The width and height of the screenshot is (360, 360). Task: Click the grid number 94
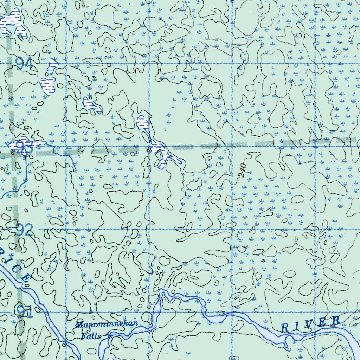pyautogui.click(x=24, y=64)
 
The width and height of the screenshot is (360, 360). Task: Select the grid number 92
pyautogui.click(x=24, y=230)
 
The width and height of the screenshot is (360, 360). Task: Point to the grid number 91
pyautogui.click(x=25, y=311)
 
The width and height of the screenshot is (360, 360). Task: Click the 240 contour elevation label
pyautogui.click(x=242, y=170)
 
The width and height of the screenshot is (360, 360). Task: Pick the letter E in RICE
pyautogui.click(x=26, y=278)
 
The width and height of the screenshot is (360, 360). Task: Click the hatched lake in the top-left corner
pyautogui.click(x=14, y=23)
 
